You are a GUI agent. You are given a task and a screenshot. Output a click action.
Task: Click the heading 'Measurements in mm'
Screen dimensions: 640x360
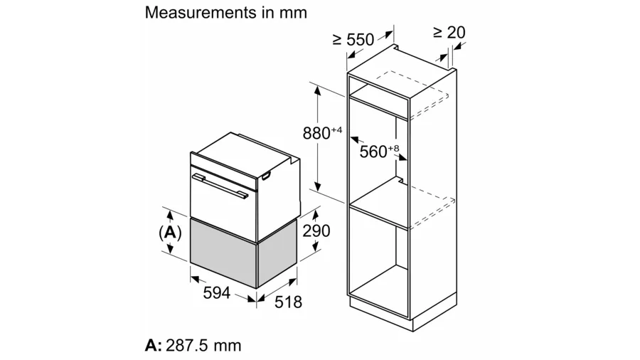(x=225, y=13)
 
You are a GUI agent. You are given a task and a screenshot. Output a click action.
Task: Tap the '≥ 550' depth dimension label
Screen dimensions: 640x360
(x=353, y=40)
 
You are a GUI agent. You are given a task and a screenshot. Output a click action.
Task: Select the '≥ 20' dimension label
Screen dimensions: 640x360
(x=449, y=32)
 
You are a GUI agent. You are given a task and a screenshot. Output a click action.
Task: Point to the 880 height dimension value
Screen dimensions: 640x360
(x=316, y=133)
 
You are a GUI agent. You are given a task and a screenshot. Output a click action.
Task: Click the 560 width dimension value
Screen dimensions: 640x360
(x=373, y=152)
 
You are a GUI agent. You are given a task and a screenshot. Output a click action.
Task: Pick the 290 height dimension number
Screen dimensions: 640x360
(x=316, y=231)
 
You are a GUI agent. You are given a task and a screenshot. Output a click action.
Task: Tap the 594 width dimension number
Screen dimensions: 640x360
(x=217, y=292)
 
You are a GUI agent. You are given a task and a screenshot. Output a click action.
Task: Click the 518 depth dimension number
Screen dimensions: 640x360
(x=288, y=302)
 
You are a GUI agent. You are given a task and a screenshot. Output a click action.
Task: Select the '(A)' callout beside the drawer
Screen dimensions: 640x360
(x=170, y=232)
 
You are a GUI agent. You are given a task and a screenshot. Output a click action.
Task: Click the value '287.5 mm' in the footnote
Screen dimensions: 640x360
(x=203, y=346)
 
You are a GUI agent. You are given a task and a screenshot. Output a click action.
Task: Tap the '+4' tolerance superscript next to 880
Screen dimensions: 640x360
(x=336, y=130)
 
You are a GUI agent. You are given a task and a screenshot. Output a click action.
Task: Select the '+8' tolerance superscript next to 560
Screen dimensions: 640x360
(x=393, y=149)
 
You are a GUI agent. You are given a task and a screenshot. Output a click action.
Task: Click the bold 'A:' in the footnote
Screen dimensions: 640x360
(x=154, y=346)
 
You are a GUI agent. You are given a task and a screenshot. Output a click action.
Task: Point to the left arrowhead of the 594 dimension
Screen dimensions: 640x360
(x=195, y=279)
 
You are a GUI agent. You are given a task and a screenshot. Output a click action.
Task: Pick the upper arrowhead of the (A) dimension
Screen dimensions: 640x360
(x=170, y=215)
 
